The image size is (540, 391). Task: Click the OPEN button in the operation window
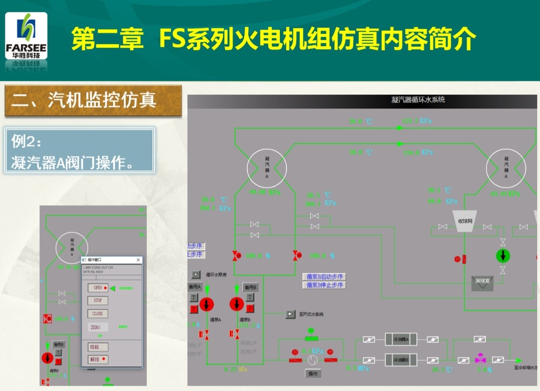pyautogui.click(x=98, y=288)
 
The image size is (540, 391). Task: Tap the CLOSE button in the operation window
pyautogui.click(x=98, y=314)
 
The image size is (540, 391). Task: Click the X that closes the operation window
pyautogui.click(x=138, y=260)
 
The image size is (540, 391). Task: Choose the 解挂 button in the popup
pyautogui.click(x=98, y=359)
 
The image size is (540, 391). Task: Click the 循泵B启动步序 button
pyautogui.click(x=325, y=277)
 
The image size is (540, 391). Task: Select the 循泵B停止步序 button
pyautogui.click(x=325, y=285)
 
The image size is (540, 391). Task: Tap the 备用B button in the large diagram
pyautogui.click(x=250, y=287)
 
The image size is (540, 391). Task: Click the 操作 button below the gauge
pyautogui.click(x=313, y=373)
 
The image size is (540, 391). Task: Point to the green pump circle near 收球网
pyautogui.click(x=503, y=255)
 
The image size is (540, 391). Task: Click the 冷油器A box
pyautogui.click(x=401, y=339)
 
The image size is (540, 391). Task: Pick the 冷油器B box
pyautogui.click(x=401, y=360)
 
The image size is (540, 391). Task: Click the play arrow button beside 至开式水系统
pyautogui.click(x=291, y=314)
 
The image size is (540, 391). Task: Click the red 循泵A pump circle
pyautogui.click(x=206, y=304)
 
